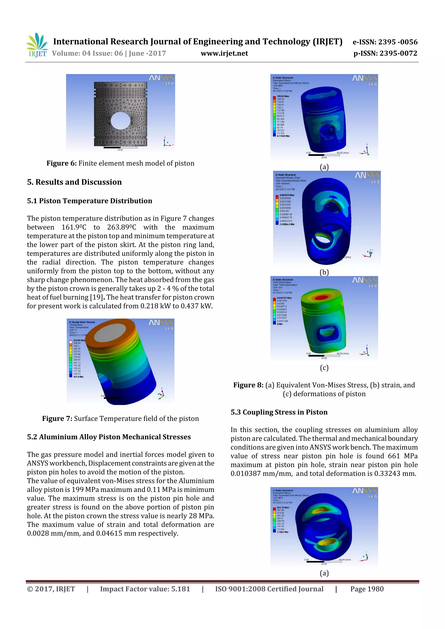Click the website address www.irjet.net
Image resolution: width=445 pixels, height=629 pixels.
click(224, 53)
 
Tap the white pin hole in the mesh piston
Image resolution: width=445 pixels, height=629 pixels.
click(121, 121)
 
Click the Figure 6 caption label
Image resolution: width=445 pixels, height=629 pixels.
click(61, 163)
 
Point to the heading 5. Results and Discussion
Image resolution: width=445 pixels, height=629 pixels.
click(74, 182)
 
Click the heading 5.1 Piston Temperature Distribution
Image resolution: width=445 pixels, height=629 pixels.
click(89, 201)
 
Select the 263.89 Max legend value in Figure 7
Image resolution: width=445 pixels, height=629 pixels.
click(79, 340)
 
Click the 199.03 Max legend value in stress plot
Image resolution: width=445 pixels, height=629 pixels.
click(283, 96)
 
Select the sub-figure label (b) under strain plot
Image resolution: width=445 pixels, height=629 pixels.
click(324, 272)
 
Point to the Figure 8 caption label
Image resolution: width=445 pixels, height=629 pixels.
click(248, 385)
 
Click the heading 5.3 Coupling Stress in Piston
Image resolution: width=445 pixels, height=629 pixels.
click(279, 412)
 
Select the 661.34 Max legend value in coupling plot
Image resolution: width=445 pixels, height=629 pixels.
click(283, 508)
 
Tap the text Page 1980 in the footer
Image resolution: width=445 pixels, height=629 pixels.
click(367, 589)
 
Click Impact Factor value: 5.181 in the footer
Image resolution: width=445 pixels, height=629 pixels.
click(145, 589)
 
